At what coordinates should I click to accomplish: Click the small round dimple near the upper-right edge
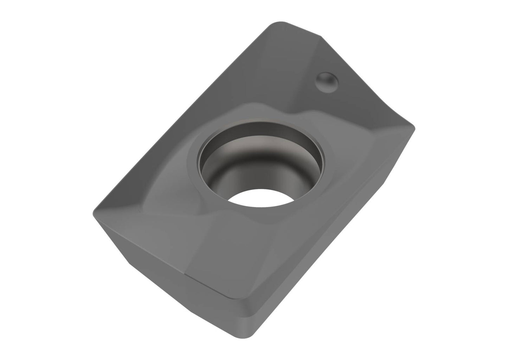point(327,81)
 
